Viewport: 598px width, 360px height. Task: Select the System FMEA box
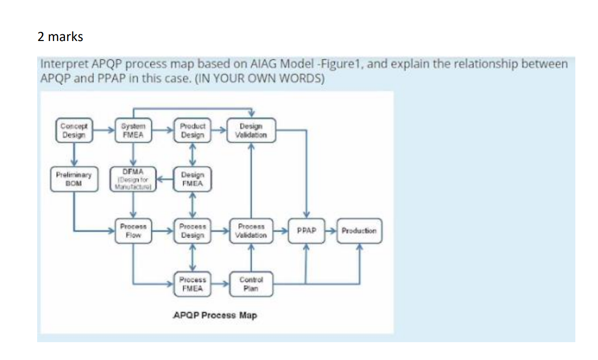point(134,130)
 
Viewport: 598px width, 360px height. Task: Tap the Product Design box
point(192,130)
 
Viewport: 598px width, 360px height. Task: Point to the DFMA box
point(133,178)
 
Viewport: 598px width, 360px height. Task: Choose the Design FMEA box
point(192,179)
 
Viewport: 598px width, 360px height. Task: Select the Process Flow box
point(133,231)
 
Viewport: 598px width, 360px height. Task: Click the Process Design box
point(192,231)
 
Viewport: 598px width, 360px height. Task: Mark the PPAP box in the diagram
point(306,231)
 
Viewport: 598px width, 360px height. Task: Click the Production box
point(359,231)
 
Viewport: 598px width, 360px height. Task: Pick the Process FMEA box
point(192,284)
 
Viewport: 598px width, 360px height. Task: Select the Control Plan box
point(251,284)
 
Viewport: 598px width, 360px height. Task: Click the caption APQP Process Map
point(215,316)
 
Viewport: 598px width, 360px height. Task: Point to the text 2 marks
point(60,37)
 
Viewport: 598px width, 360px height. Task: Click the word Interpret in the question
point(61,64)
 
